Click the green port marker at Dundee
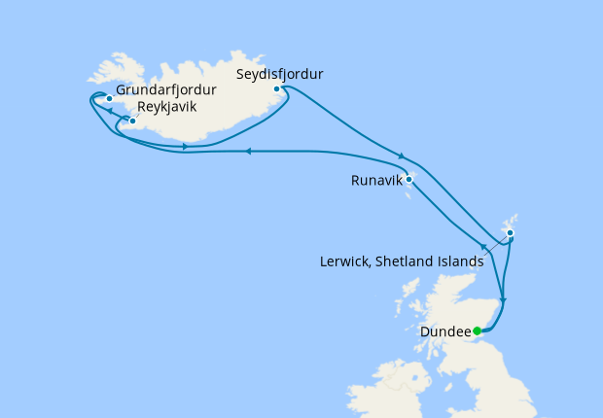(x=477, y=331)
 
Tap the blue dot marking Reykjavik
(x=132, y=122)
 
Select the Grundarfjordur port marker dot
(x=110, y=98)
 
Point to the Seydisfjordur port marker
(x=277, y=89)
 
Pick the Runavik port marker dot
(x=409, y=179)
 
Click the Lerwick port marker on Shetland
(x=510, y=233)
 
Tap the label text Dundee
(x=445, y=331)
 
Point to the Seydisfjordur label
(x=280, y=73)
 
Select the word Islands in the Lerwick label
(x=461, y=261)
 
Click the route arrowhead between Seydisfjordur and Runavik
(x=401, y=156)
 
